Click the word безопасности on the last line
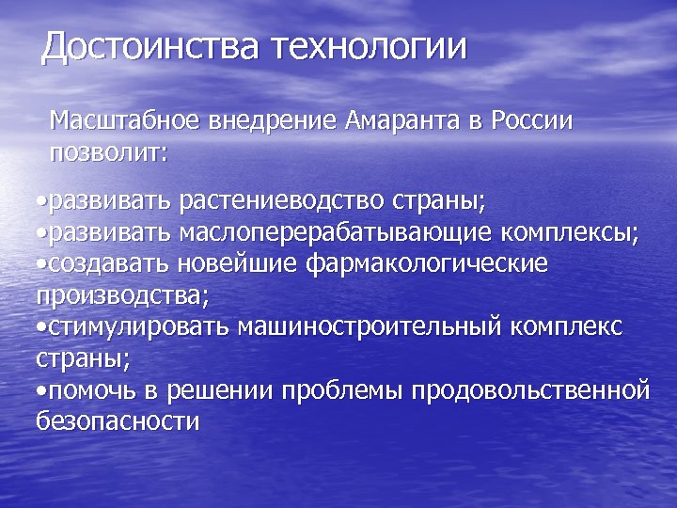click(118, 421)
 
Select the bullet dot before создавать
click(41, 264)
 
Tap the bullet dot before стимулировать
click(41, 327)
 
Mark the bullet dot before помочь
click(41, 389)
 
